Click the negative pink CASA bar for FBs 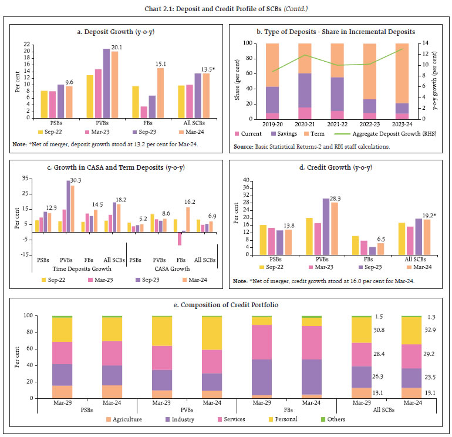(180, 238)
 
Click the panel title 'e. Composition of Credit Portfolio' (226, 305)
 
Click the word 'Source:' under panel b (244, 146)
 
